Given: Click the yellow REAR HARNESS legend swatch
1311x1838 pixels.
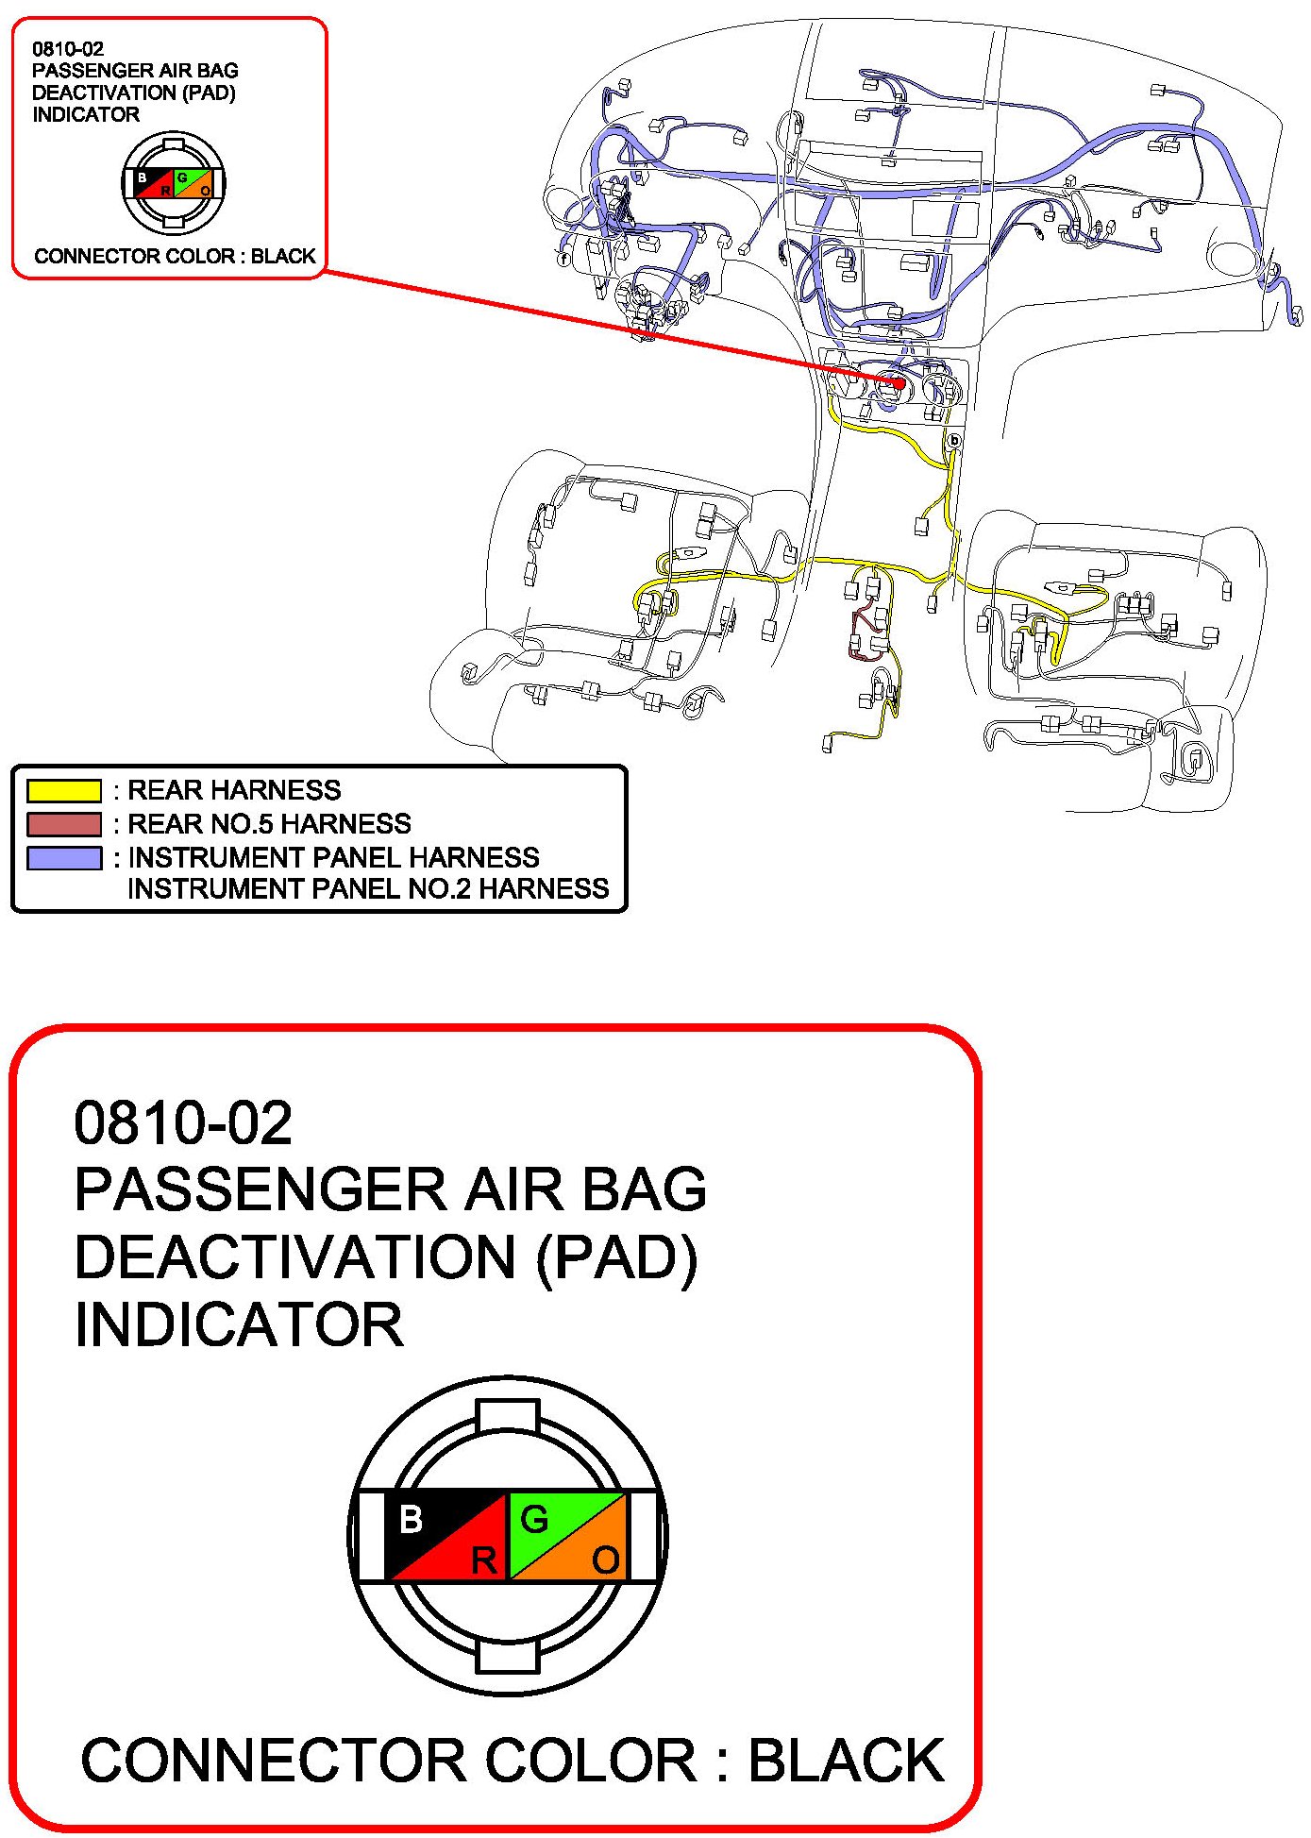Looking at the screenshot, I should pos(64,790).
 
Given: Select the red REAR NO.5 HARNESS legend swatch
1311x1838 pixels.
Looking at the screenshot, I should pos(64,824).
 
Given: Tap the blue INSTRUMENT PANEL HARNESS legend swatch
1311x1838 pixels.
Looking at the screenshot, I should pos(64,858).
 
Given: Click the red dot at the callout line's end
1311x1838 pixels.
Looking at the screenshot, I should pos(899,383).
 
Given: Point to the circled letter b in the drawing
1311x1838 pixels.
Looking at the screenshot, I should pos(954,440).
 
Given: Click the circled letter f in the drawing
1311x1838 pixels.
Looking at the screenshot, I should pos(563,258).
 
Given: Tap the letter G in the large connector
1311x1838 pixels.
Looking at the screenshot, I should pos(534,1519).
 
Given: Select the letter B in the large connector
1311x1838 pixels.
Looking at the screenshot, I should pos(411,1519).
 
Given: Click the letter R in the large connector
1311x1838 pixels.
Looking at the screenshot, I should pos(483,1560).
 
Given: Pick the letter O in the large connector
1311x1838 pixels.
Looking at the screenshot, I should pos(606,1560).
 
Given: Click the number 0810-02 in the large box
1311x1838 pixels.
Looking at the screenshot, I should pos(183,1122).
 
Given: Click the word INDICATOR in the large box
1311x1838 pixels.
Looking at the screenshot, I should pos(239,1324).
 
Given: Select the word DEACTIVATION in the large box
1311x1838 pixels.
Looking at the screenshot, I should pos(294,1257).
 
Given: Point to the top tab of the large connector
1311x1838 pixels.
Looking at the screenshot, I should pos(508,1416).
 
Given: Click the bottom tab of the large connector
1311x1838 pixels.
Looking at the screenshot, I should pos(508,1656).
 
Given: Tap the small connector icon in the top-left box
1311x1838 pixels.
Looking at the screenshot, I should pos(174,183).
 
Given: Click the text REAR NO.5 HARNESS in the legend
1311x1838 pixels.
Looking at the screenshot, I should pos(269,824).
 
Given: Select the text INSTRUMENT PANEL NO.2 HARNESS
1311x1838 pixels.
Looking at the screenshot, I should pos(368,889).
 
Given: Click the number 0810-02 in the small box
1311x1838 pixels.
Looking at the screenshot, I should pos(68,49).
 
